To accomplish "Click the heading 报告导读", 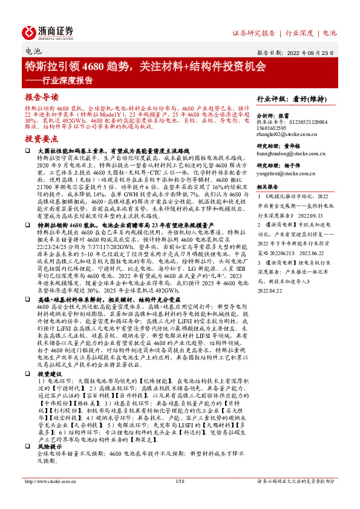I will pyautogui.click(x=42, y=97).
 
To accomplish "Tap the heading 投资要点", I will pyautogui.click(x=42, y=138).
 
